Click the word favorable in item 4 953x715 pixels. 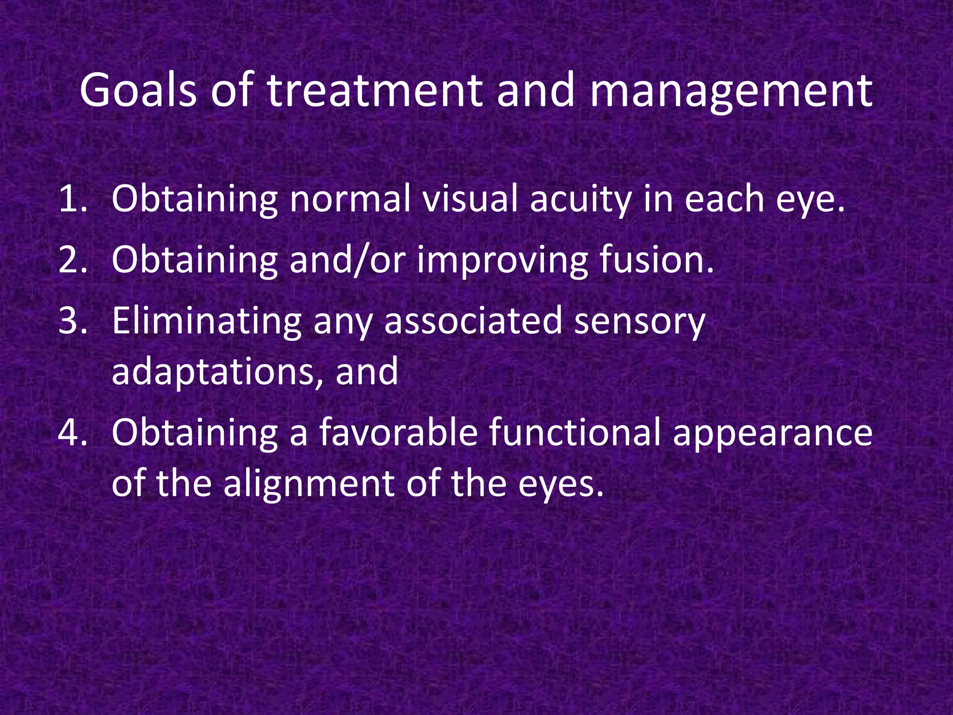click(x=398, y=432)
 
